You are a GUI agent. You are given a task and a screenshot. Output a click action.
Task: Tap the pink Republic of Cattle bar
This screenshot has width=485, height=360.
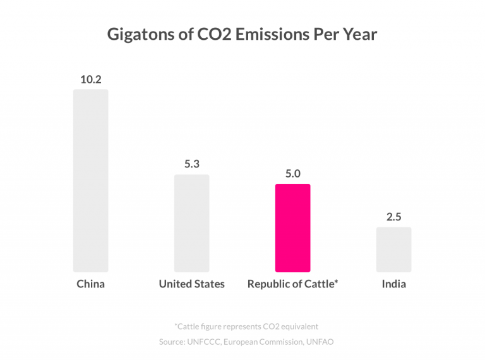[292, 228]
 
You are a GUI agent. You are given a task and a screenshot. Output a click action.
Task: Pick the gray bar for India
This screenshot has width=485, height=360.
[393, 249]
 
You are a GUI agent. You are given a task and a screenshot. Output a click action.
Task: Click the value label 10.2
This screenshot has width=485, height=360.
[90, 80]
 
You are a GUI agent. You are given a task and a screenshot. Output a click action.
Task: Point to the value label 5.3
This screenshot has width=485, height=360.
[191, 164]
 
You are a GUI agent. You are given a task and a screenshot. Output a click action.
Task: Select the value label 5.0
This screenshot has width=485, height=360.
[292, 174]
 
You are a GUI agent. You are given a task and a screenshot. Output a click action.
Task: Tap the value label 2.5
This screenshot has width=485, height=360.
[393, 217]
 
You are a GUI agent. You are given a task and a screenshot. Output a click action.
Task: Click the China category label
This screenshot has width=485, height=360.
[90, 284]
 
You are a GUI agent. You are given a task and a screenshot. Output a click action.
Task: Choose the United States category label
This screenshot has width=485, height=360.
[191, 284]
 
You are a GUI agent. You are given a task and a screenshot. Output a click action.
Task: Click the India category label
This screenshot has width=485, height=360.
[393, 284]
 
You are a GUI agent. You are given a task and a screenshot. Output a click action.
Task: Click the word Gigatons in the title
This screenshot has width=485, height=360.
[136, 34]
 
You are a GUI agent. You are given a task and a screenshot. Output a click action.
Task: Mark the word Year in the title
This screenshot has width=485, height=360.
[359, 34]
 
